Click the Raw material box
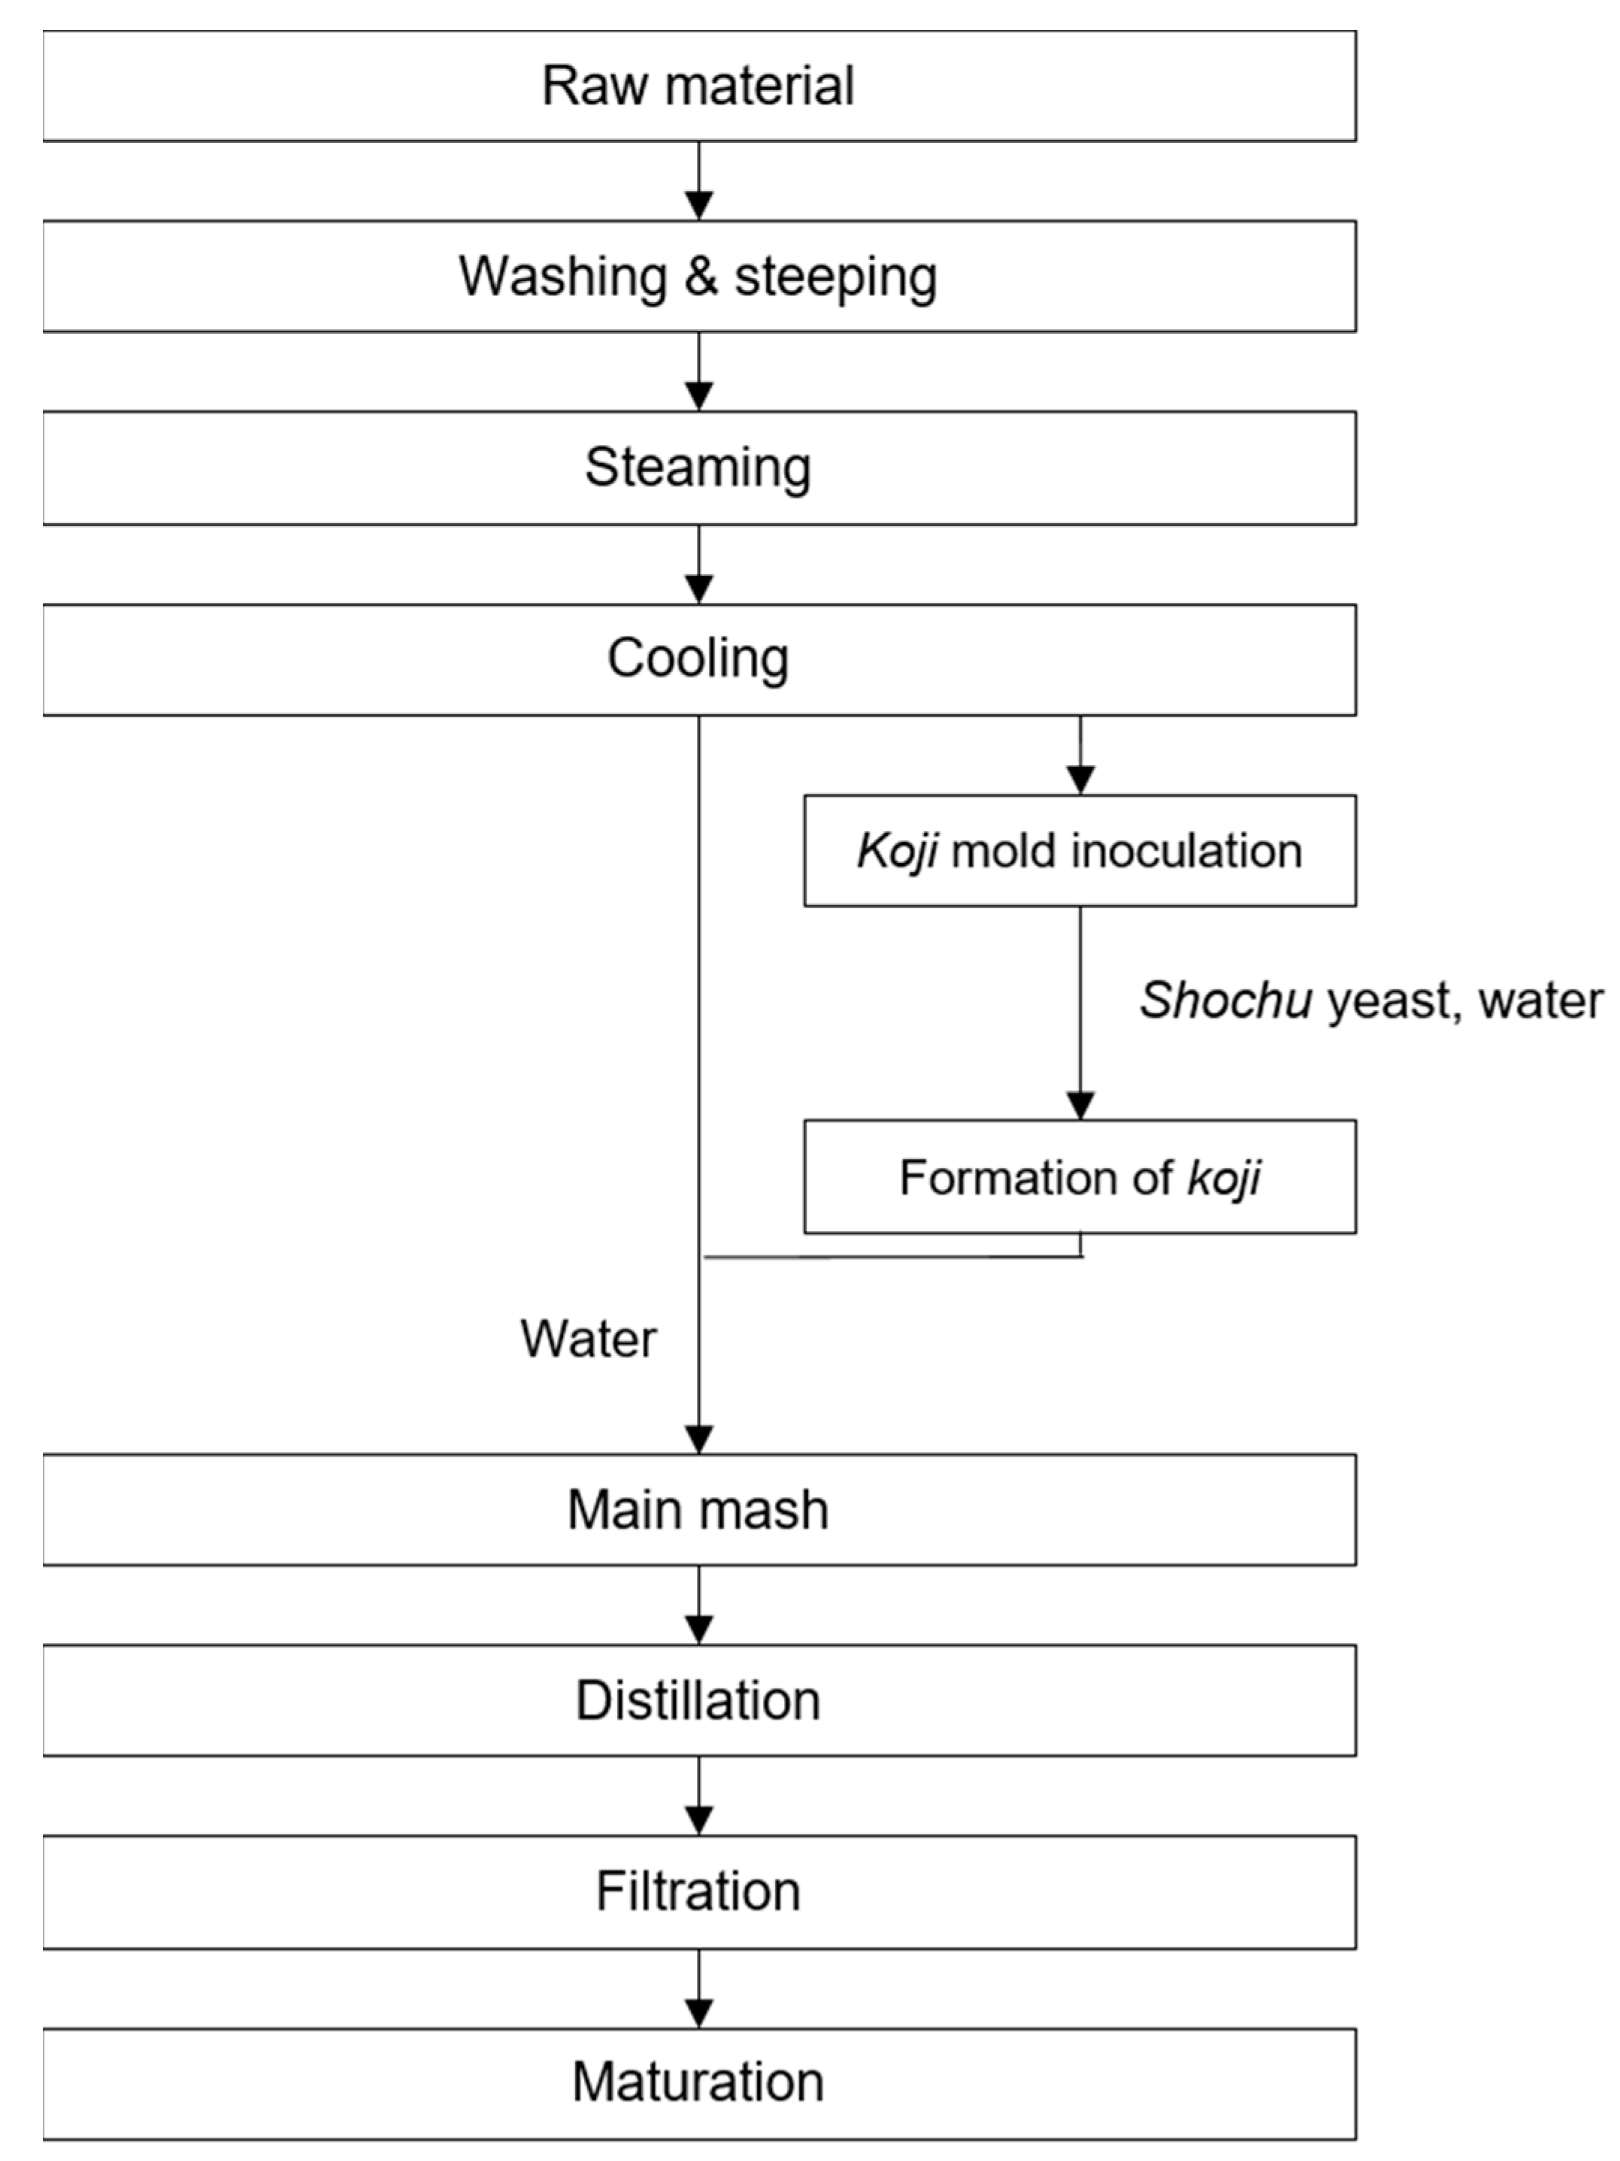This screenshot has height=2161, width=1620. (x=698, y=86)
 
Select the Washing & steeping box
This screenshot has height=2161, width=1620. (x=698, y=277)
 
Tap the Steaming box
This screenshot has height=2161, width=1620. (x=698, y=468)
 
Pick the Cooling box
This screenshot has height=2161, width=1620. (x=698, y=659)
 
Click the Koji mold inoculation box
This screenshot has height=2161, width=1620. (x=1079, y=851)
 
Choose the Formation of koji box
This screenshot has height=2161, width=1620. (x=1079, y=1177)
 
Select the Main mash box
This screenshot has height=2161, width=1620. (x=698, y=1509)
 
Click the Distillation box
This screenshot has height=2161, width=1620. (x=698, y=1700)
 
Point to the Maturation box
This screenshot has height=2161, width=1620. (x=698, y=2083)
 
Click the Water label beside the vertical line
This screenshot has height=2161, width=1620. (x=588, y=1339)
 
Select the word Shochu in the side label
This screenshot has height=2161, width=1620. (x=1225, y=1000)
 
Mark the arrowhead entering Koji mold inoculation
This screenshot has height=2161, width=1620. (x=1079, y=780)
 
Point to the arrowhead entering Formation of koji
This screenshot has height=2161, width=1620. (x=1079, y=1106)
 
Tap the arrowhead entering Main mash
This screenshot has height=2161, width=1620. (x=698, y=1440)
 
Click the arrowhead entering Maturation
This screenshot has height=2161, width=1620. (x=698, y=2012)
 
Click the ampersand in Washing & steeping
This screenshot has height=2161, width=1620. (x=701, y=277)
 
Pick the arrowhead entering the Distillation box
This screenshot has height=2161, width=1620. (x=698, y=1630)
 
